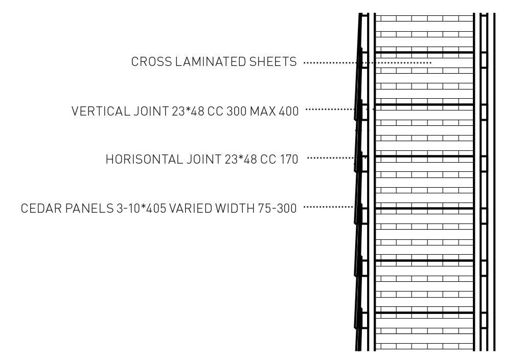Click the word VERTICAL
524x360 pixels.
pos(101,111)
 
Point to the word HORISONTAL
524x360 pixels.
pos(144,160)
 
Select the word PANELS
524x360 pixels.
pos(89,209)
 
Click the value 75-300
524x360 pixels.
pos(278,209)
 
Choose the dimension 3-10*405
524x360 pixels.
pos(142,209)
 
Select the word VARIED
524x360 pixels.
pos(191,209)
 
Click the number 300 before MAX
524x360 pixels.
pos(237,111)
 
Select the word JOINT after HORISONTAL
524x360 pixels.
pos(204,160)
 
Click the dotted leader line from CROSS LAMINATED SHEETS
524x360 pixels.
pos(368,63)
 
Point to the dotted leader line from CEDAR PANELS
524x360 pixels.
pos(328,207)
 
